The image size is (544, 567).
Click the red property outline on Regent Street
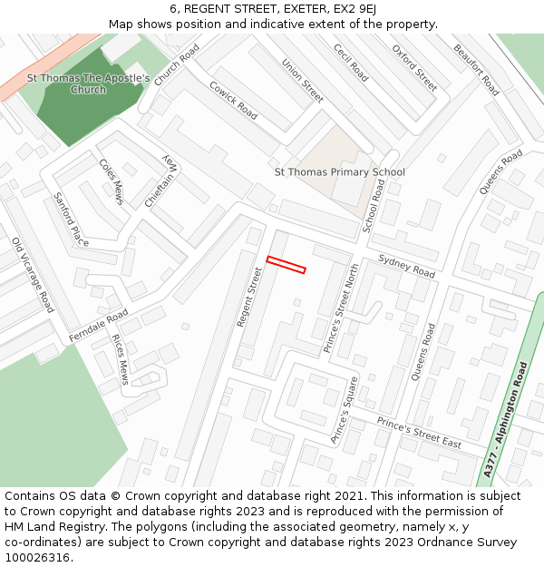pos(286,264)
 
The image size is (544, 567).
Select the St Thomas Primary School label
pos(339,171)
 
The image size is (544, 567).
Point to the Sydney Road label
pos(407,265)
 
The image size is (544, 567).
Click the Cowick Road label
pos(234,100)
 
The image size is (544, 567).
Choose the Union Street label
pos(303,81)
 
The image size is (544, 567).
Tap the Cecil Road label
pos(351,63)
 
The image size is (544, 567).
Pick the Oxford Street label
pos(414,67)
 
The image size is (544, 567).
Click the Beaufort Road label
pos(476,70)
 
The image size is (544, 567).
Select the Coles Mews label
pos(112,181)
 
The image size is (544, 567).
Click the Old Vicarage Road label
pos(33,275)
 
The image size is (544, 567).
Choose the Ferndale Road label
pos(99,327)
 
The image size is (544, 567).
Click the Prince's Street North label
pos(342,308)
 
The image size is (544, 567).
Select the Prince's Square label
pos(345,409)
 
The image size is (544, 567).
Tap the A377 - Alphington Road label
pos(506,419)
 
